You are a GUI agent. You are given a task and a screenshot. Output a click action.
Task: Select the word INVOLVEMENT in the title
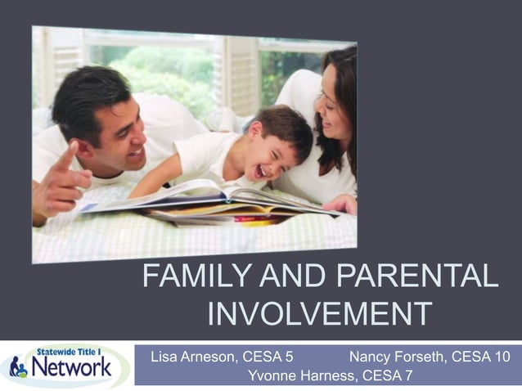320,313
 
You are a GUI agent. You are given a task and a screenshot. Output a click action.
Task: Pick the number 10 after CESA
502,357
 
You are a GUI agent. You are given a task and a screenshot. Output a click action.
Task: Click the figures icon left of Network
18,367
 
